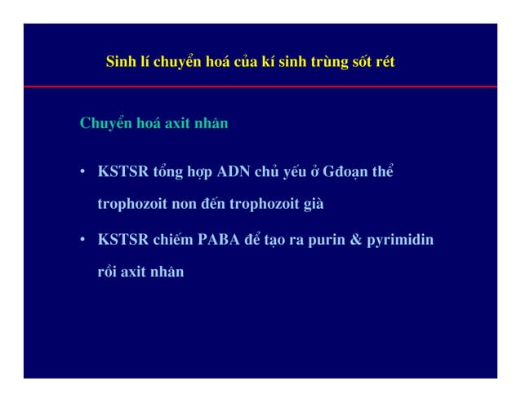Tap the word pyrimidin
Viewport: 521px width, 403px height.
402,241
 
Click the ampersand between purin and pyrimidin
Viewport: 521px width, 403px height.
357,241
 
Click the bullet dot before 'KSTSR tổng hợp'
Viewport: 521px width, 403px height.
83,174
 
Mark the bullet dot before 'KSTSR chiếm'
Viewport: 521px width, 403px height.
83,241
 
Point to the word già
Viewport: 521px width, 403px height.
314,204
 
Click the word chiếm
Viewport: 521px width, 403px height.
171,241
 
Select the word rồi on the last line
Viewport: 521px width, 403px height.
108,272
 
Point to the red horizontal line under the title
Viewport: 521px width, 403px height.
260,86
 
